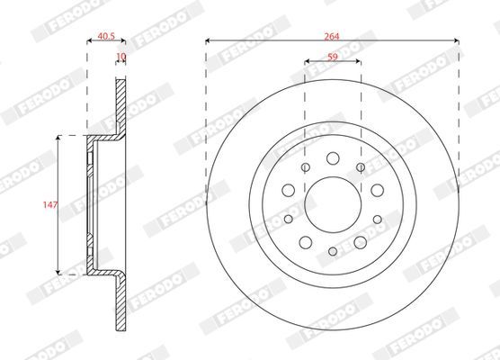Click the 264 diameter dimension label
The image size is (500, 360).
pyautogui.click(x=332, y=36)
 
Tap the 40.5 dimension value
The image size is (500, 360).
pyautogui.click(x=106, y=36)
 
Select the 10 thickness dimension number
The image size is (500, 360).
pyautogui.click(x=121, y=57)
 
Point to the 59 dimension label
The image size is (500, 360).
pyautogui.click(x=333, y=57)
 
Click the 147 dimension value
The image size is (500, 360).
pyautogui.click(x=50, y=204)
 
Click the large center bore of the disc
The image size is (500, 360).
pyautogui.click(x=333, y=204)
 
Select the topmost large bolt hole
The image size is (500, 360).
pyautogui.click(x=333, y=158)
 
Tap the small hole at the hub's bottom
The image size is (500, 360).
pyautogui.click(x=333, y=251)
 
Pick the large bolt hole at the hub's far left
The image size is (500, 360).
pyautogui.click(x=289, y=190)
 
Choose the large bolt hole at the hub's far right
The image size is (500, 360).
pyautogui.click(x=377, y=190)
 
